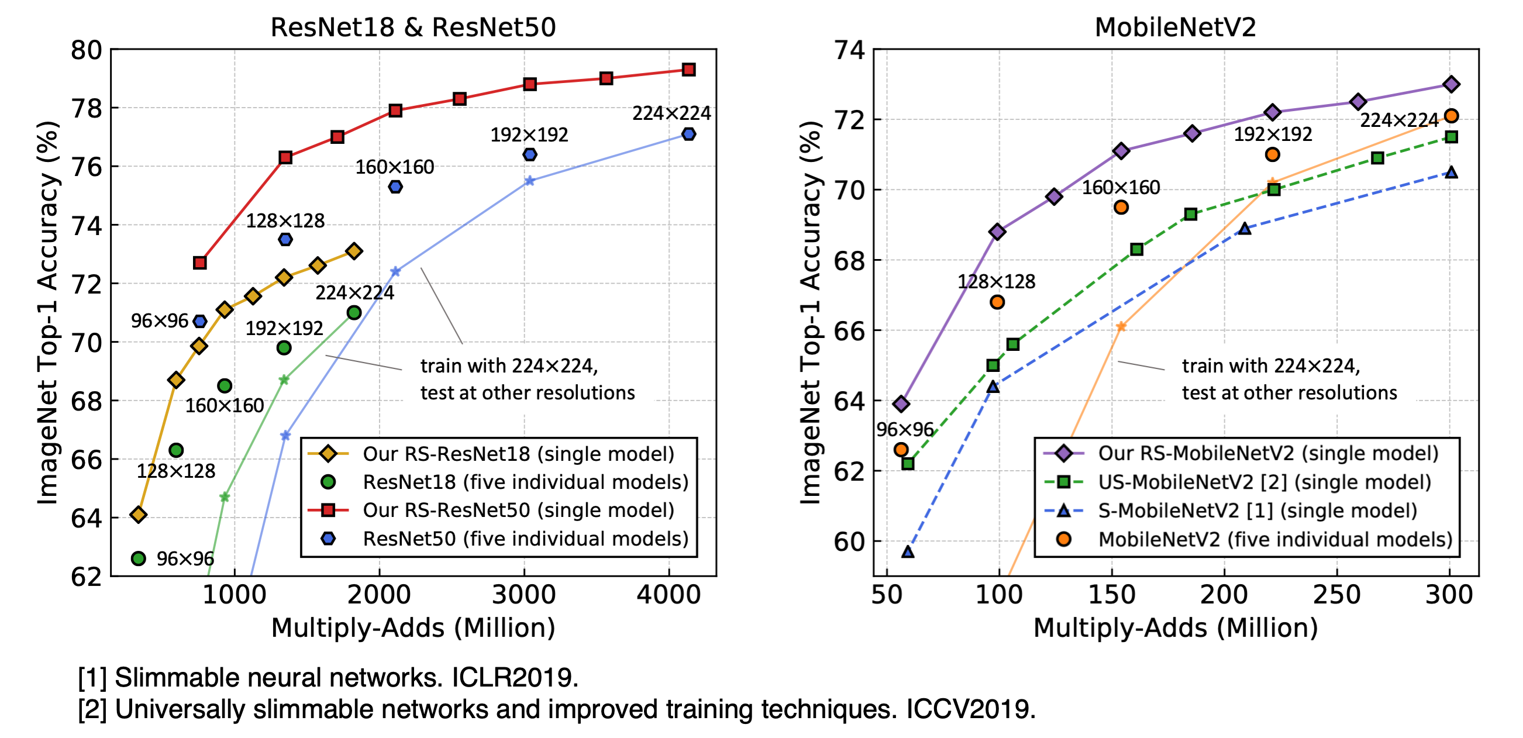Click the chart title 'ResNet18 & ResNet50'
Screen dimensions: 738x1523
pos(413,27)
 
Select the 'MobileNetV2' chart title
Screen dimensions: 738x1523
pos(1175,27)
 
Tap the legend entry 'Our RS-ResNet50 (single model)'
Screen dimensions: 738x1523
pos(518,511)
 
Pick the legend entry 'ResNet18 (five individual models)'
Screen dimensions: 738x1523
pos(525,482)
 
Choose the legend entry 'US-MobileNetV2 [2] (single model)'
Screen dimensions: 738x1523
pos(1264,482)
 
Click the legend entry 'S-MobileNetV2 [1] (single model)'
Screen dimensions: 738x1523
pos(1257,511)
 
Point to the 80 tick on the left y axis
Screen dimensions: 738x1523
pos(87,50)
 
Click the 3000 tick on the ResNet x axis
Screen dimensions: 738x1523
pos(524,595)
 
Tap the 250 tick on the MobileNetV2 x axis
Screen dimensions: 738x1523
pos(1337,595)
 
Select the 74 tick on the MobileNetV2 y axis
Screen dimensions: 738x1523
pos(849,50)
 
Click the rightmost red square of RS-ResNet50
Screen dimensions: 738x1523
pos(688,70)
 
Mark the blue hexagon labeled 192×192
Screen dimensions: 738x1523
pos(530,154)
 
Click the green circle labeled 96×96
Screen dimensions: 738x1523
pos(139,558)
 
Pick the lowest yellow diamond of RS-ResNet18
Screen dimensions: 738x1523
pos(139,515)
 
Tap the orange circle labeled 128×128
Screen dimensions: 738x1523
pos(997,302)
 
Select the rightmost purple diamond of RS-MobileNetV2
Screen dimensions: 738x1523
pos(1450,84)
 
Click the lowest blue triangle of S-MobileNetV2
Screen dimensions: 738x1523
pos(908,551)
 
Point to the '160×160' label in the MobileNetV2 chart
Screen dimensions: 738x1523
pos(1121,188)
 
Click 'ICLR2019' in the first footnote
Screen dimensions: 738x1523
pos(514,678)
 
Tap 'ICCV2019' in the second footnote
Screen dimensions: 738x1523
pos(970,709)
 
